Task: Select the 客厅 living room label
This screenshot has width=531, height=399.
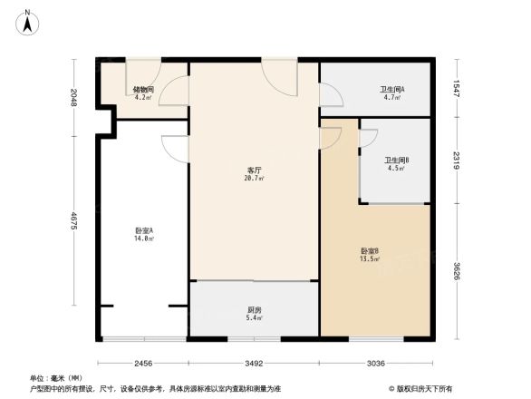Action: click(x=254, y=170)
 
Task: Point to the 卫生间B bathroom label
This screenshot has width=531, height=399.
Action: click(x=394, y=161)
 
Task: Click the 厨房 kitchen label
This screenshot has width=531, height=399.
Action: click(x=255, y=310)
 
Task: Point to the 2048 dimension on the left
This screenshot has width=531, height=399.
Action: click(x=72, y=98)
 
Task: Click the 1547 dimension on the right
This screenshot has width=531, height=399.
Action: click(x=459, y=89)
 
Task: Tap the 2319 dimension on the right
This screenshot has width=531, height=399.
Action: click(x=459, y=160)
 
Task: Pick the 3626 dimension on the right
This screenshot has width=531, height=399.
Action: click(x=459, y=270)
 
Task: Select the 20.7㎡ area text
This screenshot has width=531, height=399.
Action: click(x=255, y=180)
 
